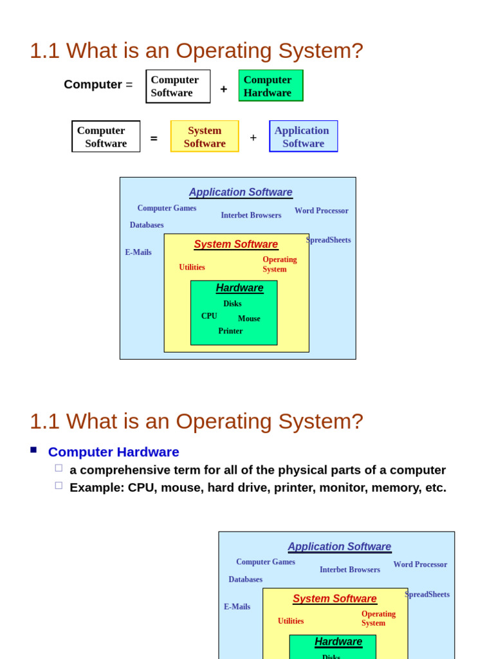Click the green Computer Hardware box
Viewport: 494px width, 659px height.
pyautogui.click(x=271, y=86)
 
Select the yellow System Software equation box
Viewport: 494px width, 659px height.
pyautogui.click(x=205, y=136)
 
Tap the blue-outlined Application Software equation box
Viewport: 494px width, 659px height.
pyautogui.click(x=303, y=136)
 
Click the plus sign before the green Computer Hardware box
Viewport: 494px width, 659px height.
pyautogui.click(x=224, y=89)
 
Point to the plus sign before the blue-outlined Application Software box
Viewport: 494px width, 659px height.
pyautogui.click(x=253, y=138)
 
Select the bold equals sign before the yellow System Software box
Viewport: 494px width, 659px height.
pyautogui.click(x=154, y=138)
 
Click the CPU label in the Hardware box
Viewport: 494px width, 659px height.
pyautogui.click(x=209, y=316)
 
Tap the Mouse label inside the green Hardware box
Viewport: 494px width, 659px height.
pyautogui.click(x=249, y=319)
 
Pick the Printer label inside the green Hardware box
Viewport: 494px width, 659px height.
pyautogui.click(x=230, y=331)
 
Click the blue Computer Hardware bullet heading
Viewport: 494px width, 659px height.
pyautogui.click(x=114, y=452)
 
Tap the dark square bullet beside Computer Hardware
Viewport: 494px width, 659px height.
pyautogui.click(x=33, y=450)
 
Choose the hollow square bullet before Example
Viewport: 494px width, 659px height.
pyautogui.click(x=59, y=485)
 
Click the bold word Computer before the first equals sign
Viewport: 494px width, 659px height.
pyautogui.click(x=93, y=84)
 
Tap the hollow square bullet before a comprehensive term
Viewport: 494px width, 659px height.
pyautogui.click(x=59, y=468)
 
